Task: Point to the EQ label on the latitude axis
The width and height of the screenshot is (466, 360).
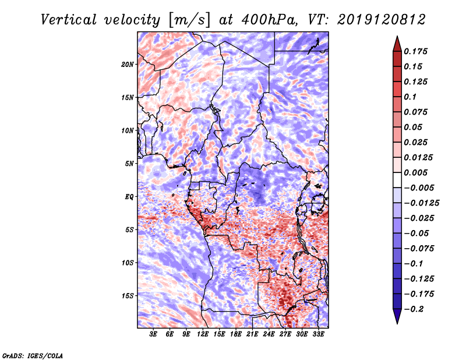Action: [129, 197]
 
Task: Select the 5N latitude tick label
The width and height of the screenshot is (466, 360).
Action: [129, 164]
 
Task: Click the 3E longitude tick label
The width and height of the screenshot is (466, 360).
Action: [154, 334]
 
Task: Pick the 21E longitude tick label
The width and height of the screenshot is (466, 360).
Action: [252, 334]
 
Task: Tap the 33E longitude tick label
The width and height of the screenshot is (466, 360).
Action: [318, 334]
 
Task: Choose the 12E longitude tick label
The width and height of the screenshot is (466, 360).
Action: [203, 334]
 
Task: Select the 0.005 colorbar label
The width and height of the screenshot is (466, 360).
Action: [416, 173]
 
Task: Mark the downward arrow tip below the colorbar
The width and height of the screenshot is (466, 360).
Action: [397, 322]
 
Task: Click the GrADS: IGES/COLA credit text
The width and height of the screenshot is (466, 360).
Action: [33, 355]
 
